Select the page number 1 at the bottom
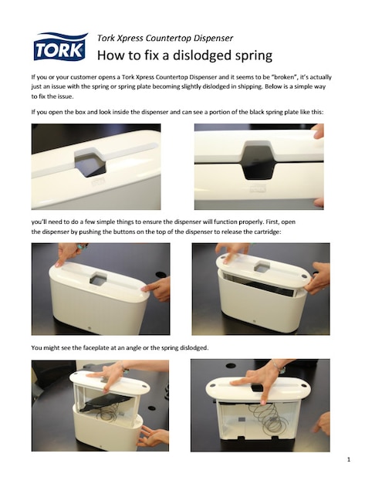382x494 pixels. pos(349,461)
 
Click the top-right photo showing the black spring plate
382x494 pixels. pos(259,167)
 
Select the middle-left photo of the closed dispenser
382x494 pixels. pos(100,289)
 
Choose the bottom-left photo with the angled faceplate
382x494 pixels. pos(100,404)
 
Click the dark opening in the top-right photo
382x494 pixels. pos(258,157)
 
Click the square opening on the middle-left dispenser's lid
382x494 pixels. pos(98,278)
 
